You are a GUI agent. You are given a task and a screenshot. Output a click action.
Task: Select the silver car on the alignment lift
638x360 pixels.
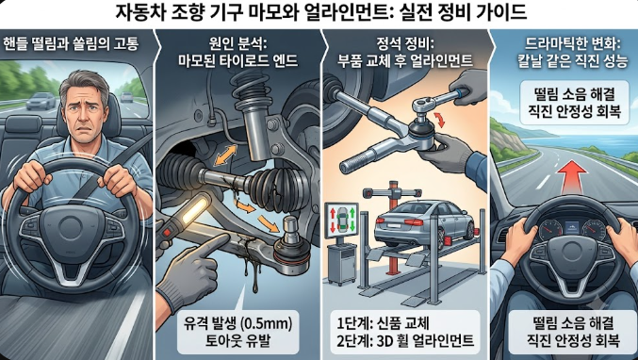424,222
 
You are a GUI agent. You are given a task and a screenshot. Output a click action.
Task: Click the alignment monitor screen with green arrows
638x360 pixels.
341,221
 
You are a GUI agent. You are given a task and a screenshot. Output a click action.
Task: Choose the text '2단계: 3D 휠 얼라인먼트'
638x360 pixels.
405,341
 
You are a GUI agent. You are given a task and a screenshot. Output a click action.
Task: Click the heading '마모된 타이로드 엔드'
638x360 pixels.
238,61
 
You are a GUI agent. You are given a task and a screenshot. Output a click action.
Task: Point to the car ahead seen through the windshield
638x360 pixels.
41,101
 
